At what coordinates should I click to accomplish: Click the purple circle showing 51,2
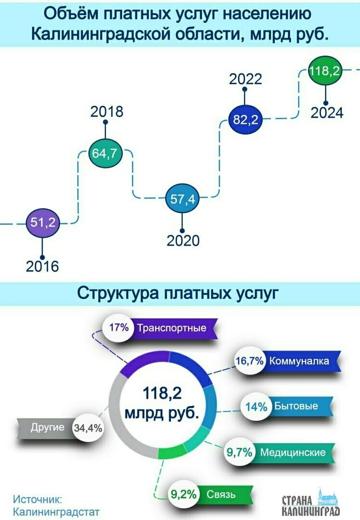[43, 222]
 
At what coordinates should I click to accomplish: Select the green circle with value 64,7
[105, 153]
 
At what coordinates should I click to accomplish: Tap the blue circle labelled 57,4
[182, 199]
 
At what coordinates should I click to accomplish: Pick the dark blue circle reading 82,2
[245, 119]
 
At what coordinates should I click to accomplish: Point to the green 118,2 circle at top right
[325, 71]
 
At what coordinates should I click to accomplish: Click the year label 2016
[42, 266]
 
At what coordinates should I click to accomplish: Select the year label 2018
[107, 112]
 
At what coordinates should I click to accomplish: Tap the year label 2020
[183, 240]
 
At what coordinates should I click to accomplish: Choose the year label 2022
[245, 79]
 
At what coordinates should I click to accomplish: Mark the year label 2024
[327, 113]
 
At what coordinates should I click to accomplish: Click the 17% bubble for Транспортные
[118, 328]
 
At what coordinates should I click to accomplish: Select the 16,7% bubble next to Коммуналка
[250, 361]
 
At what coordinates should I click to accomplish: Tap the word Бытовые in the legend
[296, 406]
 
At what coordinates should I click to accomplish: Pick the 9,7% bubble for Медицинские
[239, 452]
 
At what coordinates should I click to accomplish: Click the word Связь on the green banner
[221, 494]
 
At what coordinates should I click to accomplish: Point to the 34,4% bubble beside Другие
[88, 428]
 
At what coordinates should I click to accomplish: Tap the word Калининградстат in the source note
[56, 512]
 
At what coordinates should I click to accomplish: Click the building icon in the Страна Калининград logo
[326, 497]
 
